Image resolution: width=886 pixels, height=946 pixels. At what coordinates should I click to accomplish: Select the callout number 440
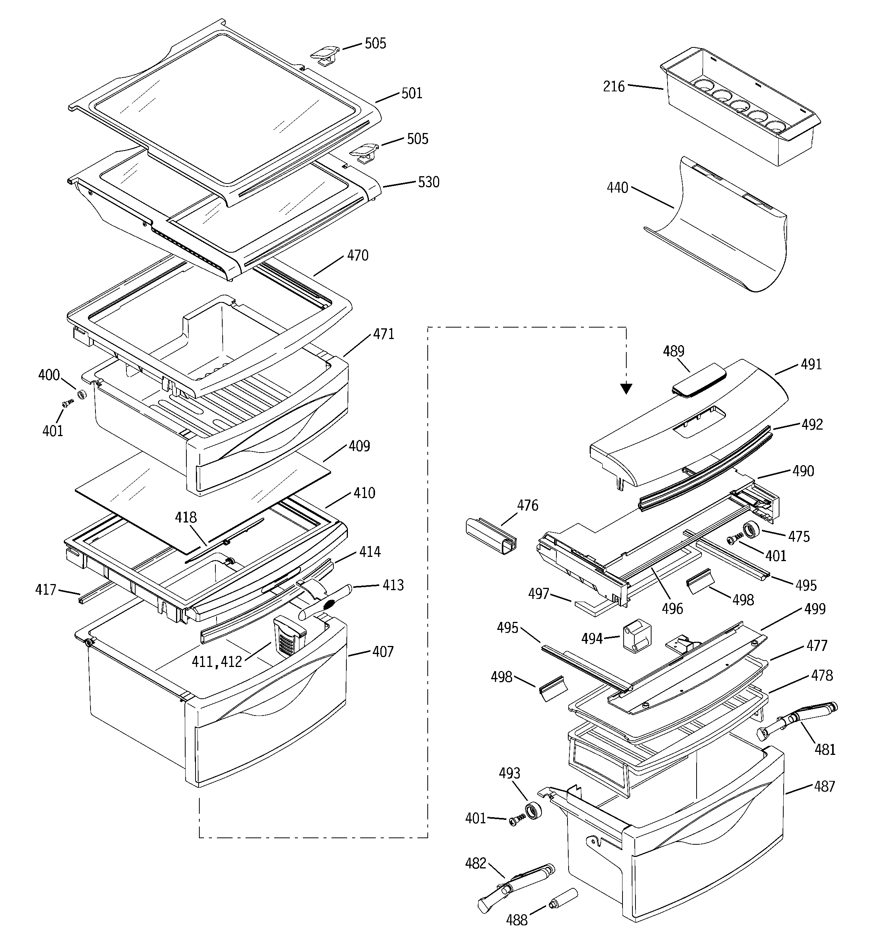pos(617,188)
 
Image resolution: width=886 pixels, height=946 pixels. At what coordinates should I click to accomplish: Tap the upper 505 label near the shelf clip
pos(375,44)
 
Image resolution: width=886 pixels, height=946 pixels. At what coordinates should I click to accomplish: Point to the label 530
pos(428,182)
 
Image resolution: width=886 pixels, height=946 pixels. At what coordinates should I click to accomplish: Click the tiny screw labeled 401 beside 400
pos(67,404)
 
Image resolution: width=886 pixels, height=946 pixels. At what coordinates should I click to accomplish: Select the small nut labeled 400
pos(81,394)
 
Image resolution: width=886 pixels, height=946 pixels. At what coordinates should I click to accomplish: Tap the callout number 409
pos(359,446)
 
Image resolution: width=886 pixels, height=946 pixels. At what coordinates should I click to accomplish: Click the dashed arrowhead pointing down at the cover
pos(626,389)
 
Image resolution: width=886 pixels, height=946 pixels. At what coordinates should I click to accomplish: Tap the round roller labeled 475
pos(752,530)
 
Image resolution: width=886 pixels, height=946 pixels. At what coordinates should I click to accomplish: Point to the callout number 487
pos(824,787)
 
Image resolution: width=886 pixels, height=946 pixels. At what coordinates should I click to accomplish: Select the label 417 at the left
pos(46,590)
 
